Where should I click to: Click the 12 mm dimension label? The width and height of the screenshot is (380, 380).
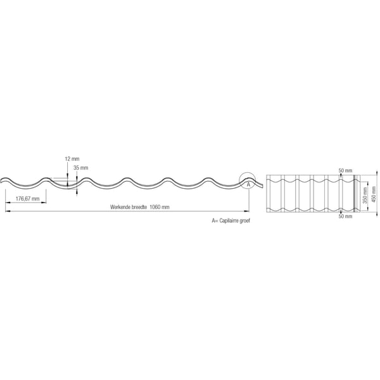pyautogui.click(x=72, y=159)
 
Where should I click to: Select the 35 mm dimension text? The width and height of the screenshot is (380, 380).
pyautogui.click(x=80, y=168)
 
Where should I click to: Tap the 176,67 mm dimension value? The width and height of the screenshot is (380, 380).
pyautogui.click(x=27, y=199)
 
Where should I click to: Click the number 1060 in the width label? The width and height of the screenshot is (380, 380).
pyautogui.click(x=155, y=207)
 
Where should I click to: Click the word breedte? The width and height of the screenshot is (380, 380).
pyautogui.click(x=139, y=207)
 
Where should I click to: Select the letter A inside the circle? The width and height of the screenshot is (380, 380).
pyautogui.click(x=248, y=185)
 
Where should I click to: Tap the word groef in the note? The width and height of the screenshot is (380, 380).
pyautogui.click(x=244, y=221)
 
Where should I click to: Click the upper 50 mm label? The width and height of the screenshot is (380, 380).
pyautogui.click(x=345, y=170)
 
